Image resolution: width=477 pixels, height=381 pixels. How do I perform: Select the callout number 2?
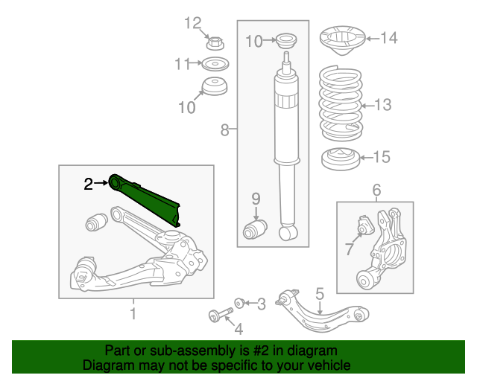coord(88,184)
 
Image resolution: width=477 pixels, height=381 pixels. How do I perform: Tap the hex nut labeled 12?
coord(215,43)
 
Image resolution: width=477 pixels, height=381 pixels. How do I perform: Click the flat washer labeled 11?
coord(215,64)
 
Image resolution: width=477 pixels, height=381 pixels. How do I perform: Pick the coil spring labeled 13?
coord(341,103)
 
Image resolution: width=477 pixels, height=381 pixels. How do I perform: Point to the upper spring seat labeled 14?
coord(343,40)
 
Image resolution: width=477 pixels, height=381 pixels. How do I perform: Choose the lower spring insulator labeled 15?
coord(341,159)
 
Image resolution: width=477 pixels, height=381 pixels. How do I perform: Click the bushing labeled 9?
coord(255,229)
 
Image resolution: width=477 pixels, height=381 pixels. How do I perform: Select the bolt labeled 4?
coord(221,314)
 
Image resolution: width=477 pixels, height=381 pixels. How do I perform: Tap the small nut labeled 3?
coord(239,303)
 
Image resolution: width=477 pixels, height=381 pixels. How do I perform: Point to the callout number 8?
coord(224,130)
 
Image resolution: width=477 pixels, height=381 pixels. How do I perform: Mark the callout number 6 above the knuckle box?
coord(376,190)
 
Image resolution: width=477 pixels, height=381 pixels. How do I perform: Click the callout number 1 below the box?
coord(133,313)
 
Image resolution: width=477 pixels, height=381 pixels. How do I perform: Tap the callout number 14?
coord(389,38)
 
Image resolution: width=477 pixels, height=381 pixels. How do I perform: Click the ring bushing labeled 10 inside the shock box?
coord(286,40)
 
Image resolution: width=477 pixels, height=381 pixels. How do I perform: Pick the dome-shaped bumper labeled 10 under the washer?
coord(215,86)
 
